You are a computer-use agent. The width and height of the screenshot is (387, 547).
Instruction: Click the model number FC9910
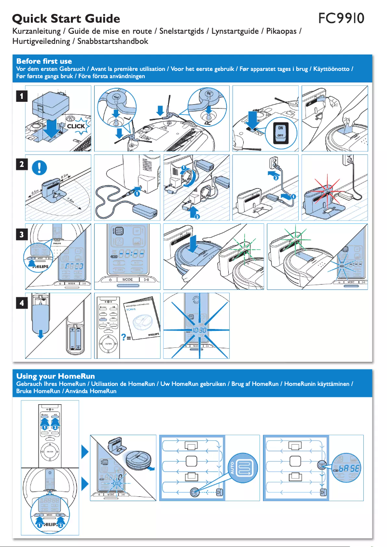[342, 19]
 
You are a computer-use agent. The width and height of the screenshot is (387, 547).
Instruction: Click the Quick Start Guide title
[66, 19]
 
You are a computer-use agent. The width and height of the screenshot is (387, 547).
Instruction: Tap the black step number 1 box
[20, 96]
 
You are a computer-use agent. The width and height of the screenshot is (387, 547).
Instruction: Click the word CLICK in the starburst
[76, 126]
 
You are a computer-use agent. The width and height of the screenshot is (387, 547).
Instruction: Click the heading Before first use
[44, 61]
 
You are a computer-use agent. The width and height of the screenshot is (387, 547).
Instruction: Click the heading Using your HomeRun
[55, 376]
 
